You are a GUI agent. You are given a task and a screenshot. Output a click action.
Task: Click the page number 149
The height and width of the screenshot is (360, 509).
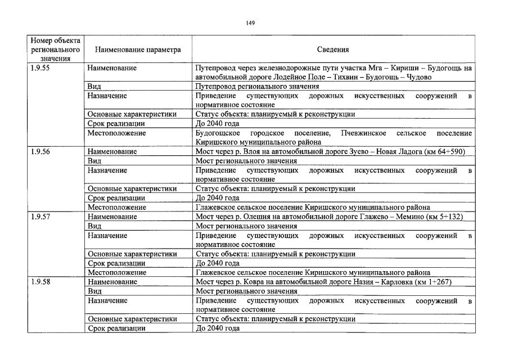(x=251, y=22)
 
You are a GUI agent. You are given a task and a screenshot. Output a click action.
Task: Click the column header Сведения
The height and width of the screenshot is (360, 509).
(x=333, y=49)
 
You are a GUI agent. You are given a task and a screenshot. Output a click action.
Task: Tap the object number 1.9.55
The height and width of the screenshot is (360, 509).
(x=40, y=68)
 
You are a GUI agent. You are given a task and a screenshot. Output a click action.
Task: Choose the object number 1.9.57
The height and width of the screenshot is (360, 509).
(x=40, y=217)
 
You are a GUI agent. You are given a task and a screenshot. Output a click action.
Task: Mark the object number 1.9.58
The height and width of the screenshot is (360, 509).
(x=40, y=282)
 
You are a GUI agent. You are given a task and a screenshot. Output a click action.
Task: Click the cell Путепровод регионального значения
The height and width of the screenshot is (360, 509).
(x=257, y=87)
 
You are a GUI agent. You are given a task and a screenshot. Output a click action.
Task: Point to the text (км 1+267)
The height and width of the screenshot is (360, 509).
(x=432, y=282)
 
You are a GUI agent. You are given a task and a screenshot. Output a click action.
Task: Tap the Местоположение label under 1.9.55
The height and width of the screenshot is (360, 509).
(x=117, y=133)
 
